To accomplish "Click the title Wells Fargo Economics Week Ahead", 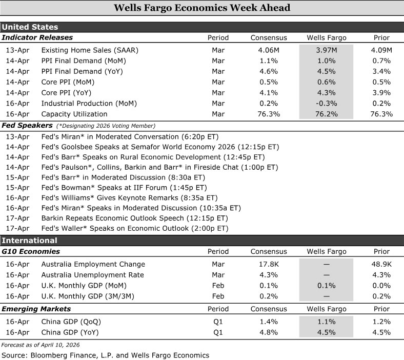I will point(201,8).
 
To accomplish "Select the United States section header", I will point(30,27).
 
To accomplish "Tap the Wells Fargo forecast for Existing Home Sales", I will point(326,50).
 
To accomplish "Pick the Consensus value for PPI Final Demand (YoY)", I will point(268,71).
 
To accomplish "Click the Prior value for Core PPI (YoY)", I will point(381,93).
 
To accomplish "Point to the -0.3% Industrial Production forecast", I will point(326,104).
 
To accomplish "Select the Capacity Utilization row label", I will point(74,114).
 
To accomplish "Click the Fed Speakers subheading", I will point(27,125).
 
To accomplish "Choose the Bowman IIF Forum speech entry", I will point(124,187).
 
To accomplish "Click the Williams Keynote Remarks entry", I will point(129,197).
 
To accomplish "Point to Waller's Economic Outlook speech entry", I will point(134,228).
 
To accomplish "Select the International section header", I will point(29,241).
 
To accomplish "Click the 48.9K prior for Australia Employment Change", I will point(381,264).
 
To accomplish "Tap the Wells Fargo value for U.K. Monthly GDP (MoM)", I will point(326,285).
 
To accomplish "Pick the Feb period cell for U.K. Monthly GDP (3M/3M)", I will point(218,296).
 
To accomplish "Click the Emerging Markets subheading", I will point(36,309).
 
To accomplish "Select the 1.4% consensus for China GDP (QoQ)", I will point(268,322).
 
